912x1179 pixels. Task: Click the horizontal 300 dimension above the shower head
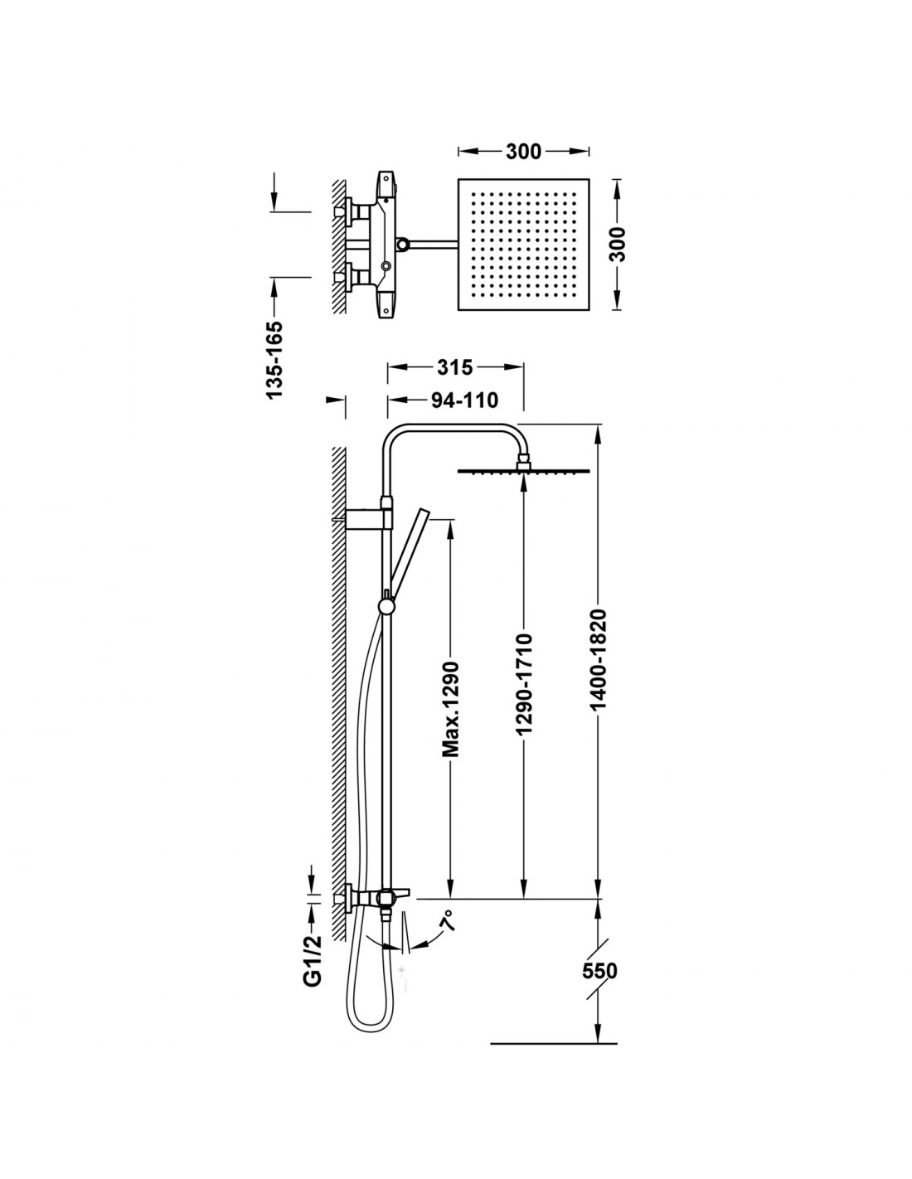tap(523, 152)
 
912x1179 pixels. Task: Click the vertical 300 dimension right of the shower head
tap(617, 245)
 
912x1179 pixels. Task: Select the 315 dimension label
tap(454, 367)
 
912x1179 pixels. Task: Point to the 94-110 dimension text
tap(464, 400)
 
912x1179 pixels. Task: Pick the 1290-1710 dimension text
tap(524, 683)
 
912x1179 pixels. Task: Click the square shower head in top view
tap(523, 245)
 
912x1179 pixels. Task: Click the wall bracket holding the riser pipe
tap(368, 517)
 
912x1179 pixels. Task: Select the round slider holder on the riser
tap(386, 606)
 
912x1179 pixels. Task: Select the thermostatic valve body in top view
tap(384, 245)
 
